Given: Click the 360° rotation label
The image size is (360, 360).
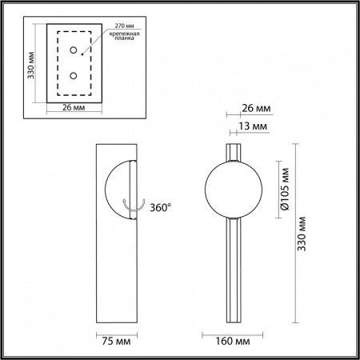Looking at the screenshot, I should pyautogui.click(x=160, y=207).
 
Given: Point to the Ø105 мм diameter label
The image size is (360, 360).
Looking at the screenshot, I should pyautogui.click(x=280, y=188).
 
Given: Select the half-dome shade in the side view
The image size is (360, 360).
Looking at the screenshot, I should pyautogui.click(x=120, y=190).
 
